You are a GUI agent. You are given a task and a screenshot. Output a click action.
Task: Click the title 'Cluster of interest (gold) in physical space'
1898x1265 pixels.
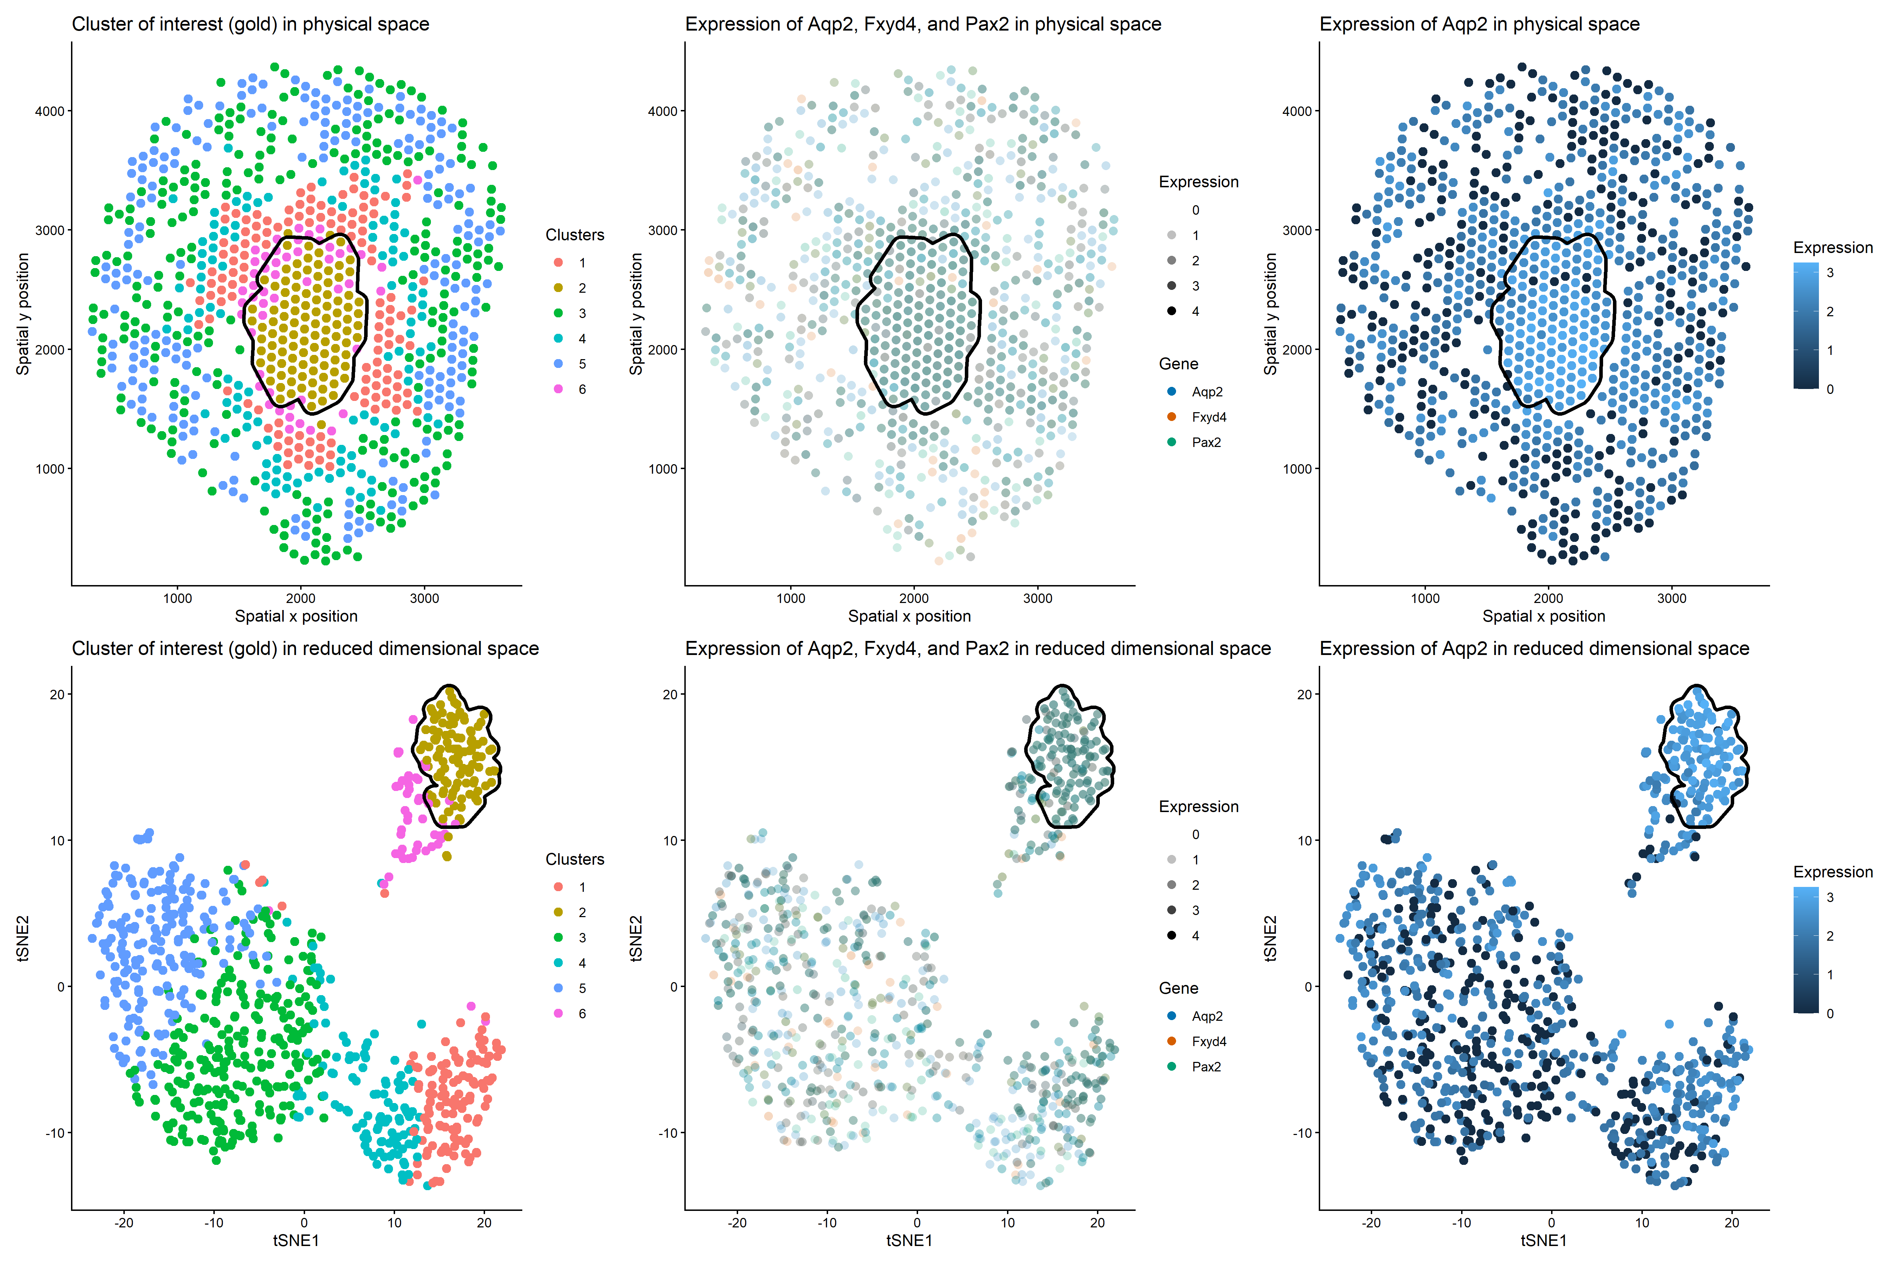(x=250, y=24)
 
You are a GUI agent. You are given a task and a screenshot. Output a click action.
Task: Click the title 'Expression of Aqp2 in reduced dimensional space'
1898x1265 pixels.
(x=1534, y=649)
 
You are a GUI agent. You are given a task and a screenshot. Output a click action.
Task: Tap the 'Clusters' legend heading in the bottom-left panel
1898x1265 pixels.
(x=575, y=859)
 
